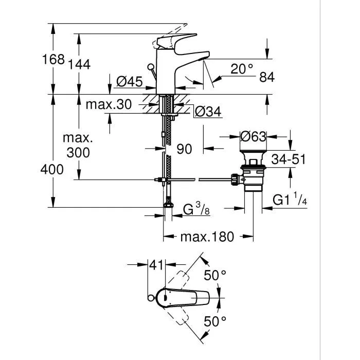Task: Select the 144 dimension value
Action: point(79,64)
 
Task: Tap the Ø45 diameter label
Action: point(129,81)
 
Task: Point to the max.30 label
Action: point(109,105)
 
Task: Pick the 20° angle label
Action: point(241,68)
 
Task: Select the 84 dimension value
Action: point(267,77)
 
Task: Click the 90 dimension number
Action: point(184,149)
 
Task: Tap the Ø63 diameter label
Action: point(253,137)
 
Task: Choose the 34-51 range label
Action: point(289,159)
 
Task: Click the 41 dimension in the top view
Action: point(157,265)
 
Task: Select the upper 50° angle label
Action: point(214,276)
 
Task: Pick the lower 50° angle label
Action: point(214,322)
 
